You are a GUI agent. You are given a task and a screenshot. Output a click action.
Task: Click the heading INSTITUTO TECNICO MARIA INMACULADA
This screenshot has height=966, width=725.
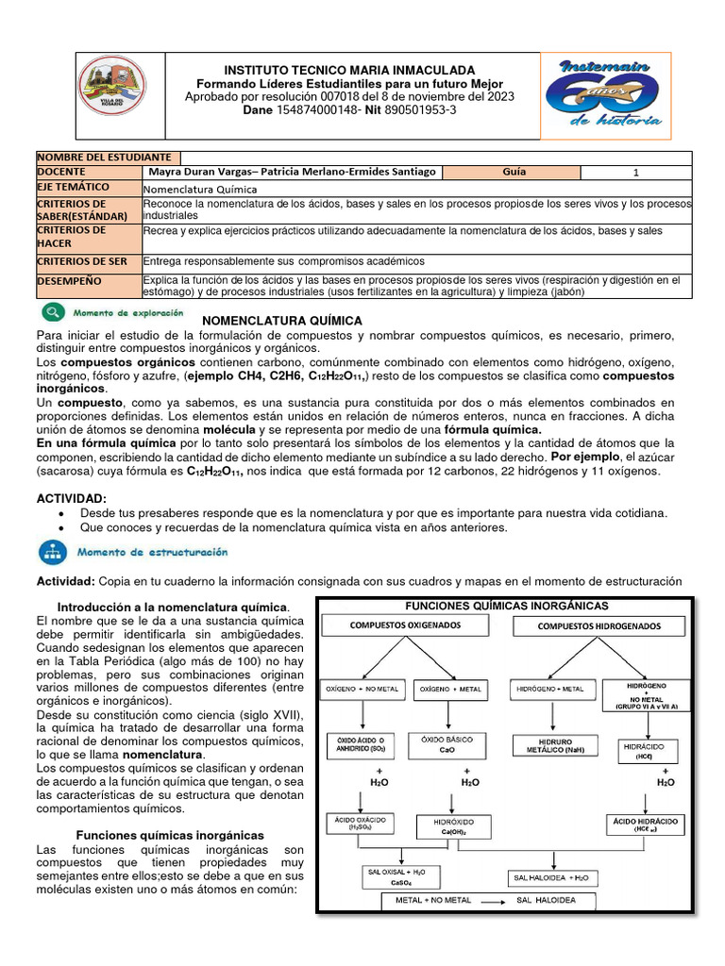[349, 71]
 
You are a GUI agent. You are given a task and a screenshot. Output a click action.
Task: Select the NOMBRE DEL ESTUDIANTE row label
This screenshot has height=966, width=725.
[105, 158]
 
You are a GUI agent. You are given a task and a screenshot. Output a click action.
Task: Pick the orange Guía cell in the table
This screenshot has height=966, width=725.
[514, 173]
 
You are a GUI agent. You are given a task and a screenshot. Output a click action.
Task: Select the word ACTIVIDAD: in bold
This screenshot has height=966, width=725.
[72, 497]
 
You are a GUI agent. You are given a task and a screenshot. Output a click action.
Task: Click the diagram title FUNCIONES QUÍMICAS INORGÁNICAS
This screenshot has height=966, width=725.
[506, 606]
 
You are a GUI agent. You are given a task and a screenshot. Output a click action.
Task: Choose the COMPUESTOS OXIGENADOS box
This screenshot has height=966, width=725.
[406, 625]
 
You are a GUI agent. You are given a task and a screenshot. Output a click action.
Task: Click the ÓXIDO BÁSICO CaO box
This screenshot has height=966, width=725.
[441, 744]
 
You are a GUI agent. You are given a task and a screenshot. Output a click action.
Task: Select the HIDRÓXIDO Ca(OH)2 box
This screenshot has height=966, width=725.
[453, 827]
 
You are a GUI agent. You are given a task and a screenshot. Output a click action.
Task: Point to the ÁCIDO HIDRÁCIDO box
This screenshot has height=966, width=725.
[645, 824]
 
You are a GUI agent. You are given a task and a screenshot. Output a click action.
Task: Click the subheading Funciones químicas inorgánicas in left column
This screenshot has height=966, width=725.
[169, 836]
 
